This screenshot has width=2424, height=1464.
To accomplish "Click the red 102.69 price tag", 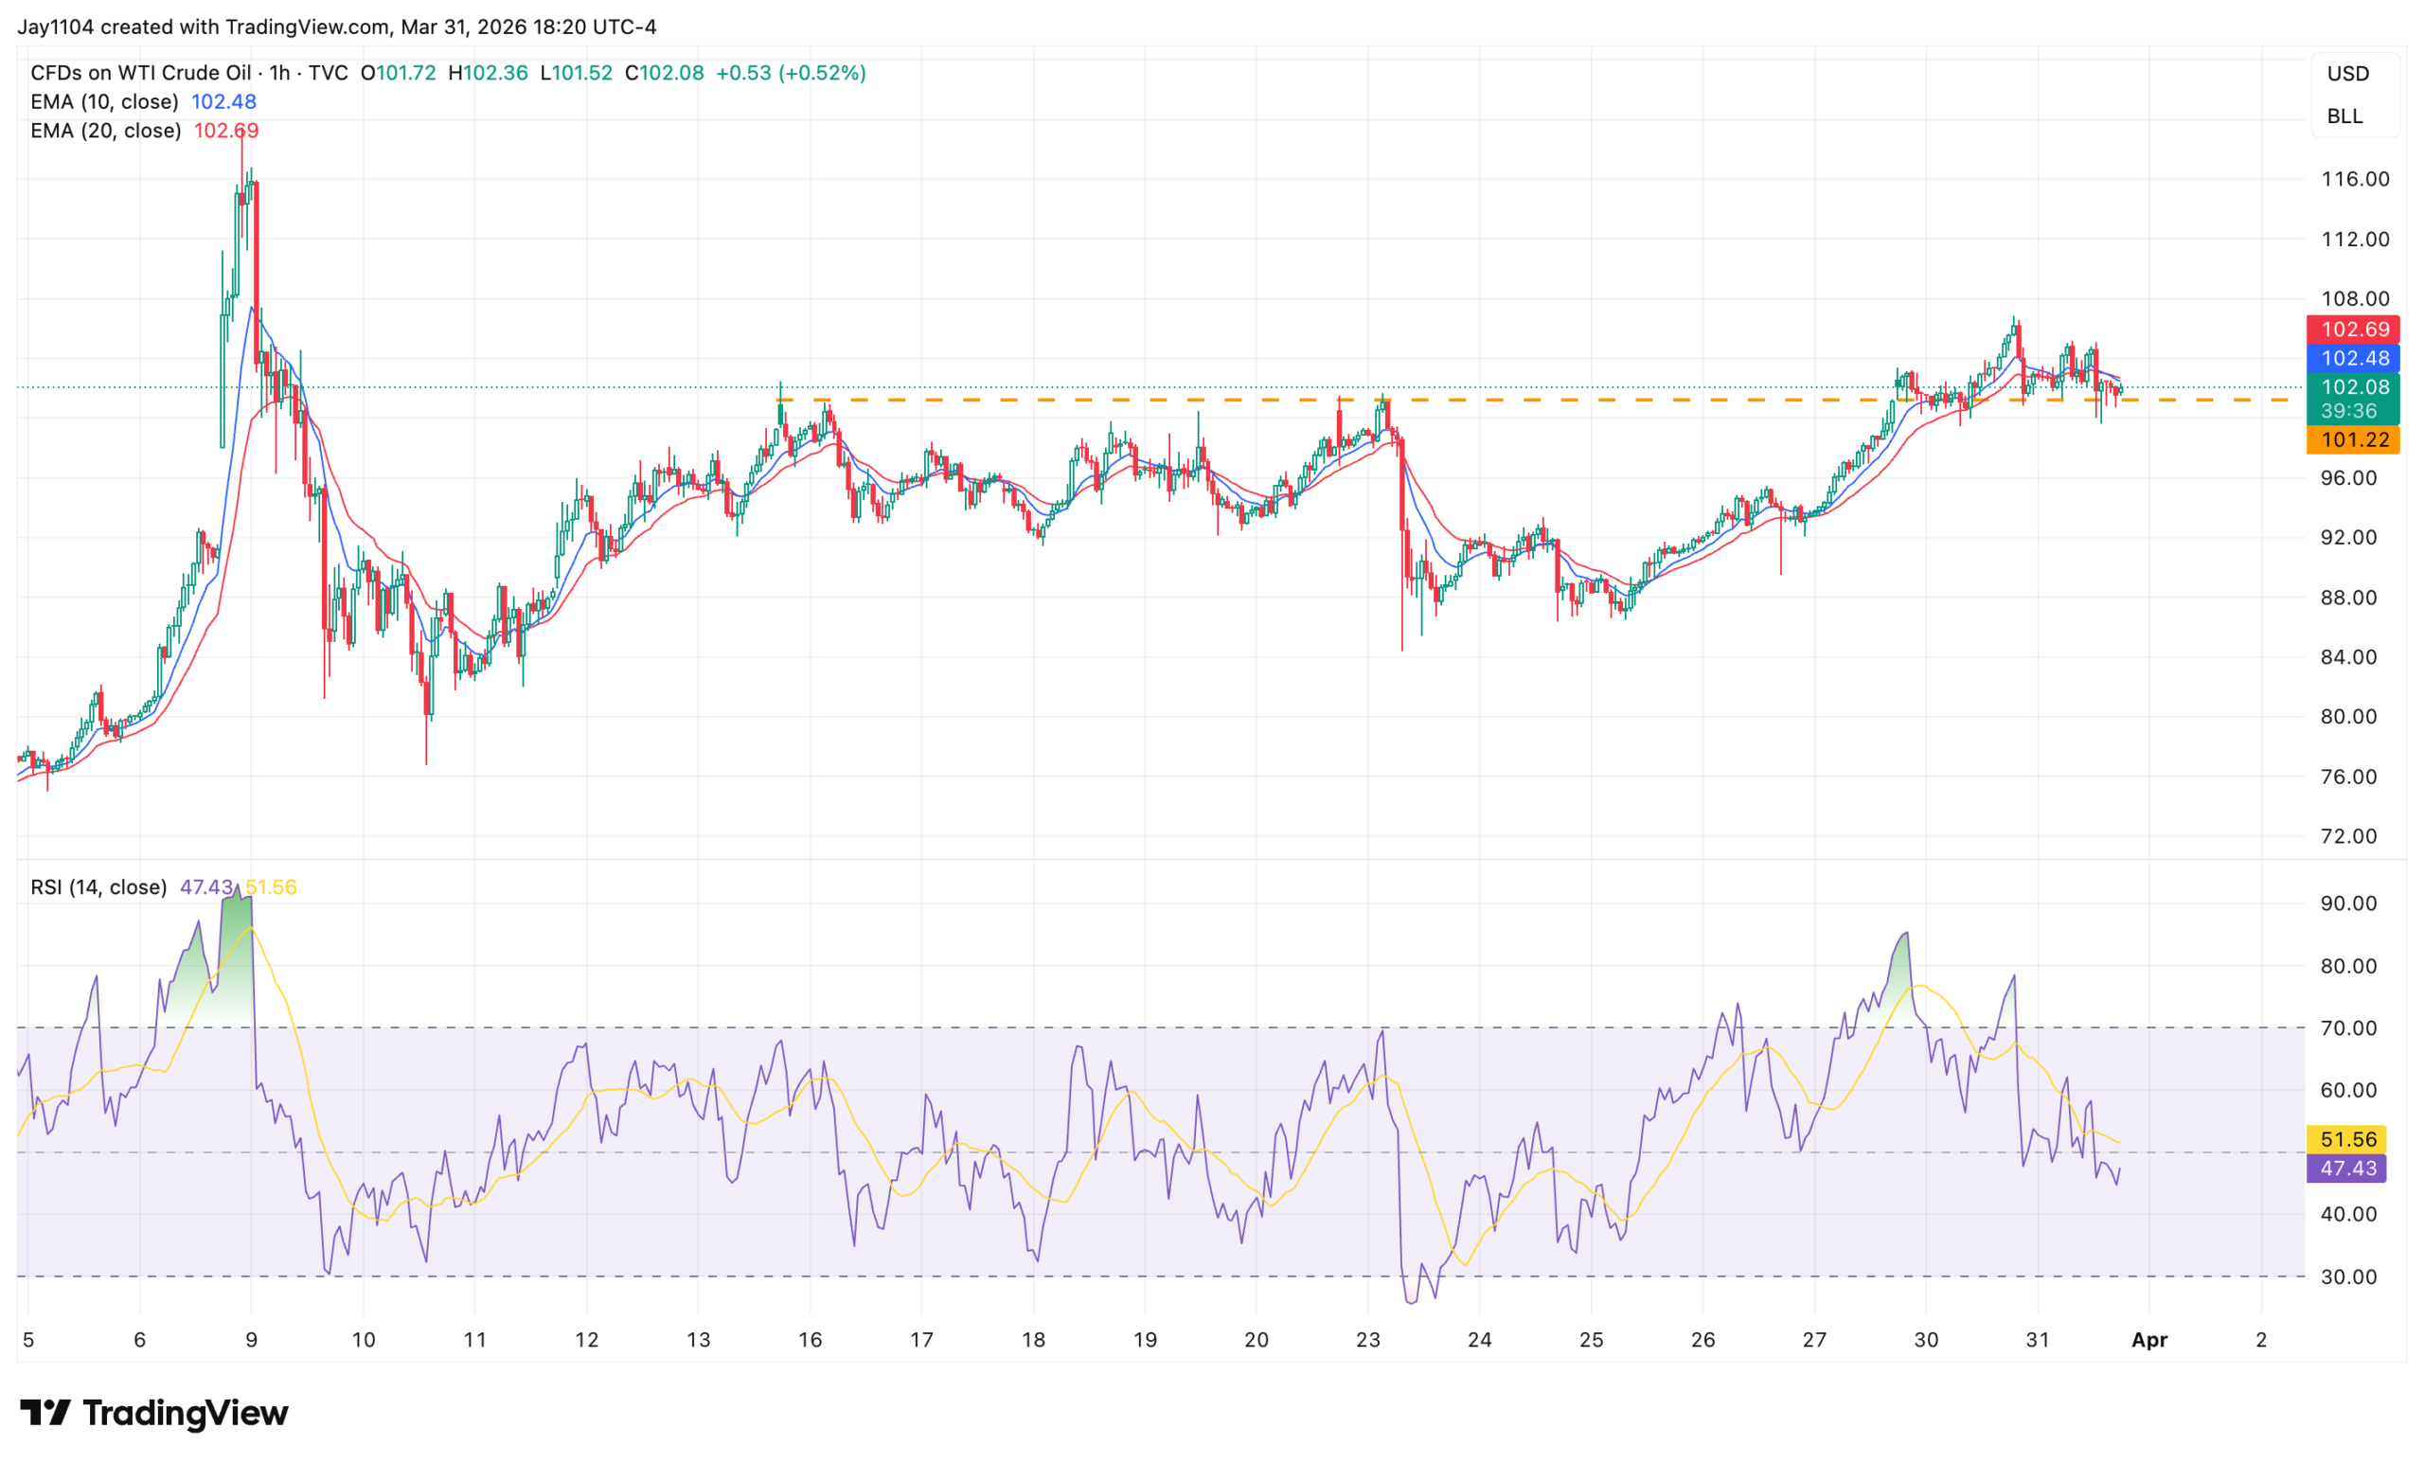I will (2353, 330).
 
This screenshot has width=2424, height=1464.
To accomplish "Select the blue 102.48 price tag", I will (2353, 358).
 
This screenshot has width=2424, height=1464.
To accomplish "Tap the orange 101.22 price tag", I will (2353, 439).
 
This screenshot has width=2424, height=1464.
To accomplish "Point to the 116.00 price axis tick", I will (2354, 179).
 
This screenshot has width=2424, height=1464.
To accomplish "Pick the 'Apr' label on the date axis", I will (2149, 1339).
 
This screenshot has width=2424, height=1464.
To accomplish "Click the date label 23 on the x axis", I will (1367, 1339).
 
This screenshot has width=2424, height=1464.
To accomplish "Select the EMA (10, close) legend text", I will (104, 101).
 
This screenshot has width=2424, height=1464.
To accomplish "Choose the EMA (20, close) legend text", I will (105, 131).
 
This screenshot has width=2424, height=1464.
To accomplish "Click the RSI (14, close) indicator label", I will (98, 887).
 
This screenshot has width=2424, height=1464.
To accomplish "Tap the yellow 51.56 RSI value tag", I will (2347, 1139).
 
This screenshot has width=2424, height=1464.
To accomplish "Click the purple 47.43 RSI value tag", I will (2347, 1168).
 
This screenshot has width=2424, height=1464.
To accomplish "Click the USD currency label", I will (2347, 74).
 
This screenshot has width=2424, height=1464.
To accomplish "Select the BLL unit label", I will (2344, 116).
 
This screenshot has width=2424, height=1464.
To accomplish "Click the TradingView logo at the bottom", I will (154, 1413).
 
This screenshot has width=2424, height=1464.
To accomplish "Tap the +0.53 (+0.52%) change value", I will (791, 73).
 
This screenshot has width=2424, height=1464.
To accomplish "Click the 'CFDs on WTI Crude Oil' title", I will (141, 73).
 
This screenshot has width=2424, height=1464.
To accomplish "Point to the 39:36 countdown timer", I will (2348, 411).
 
